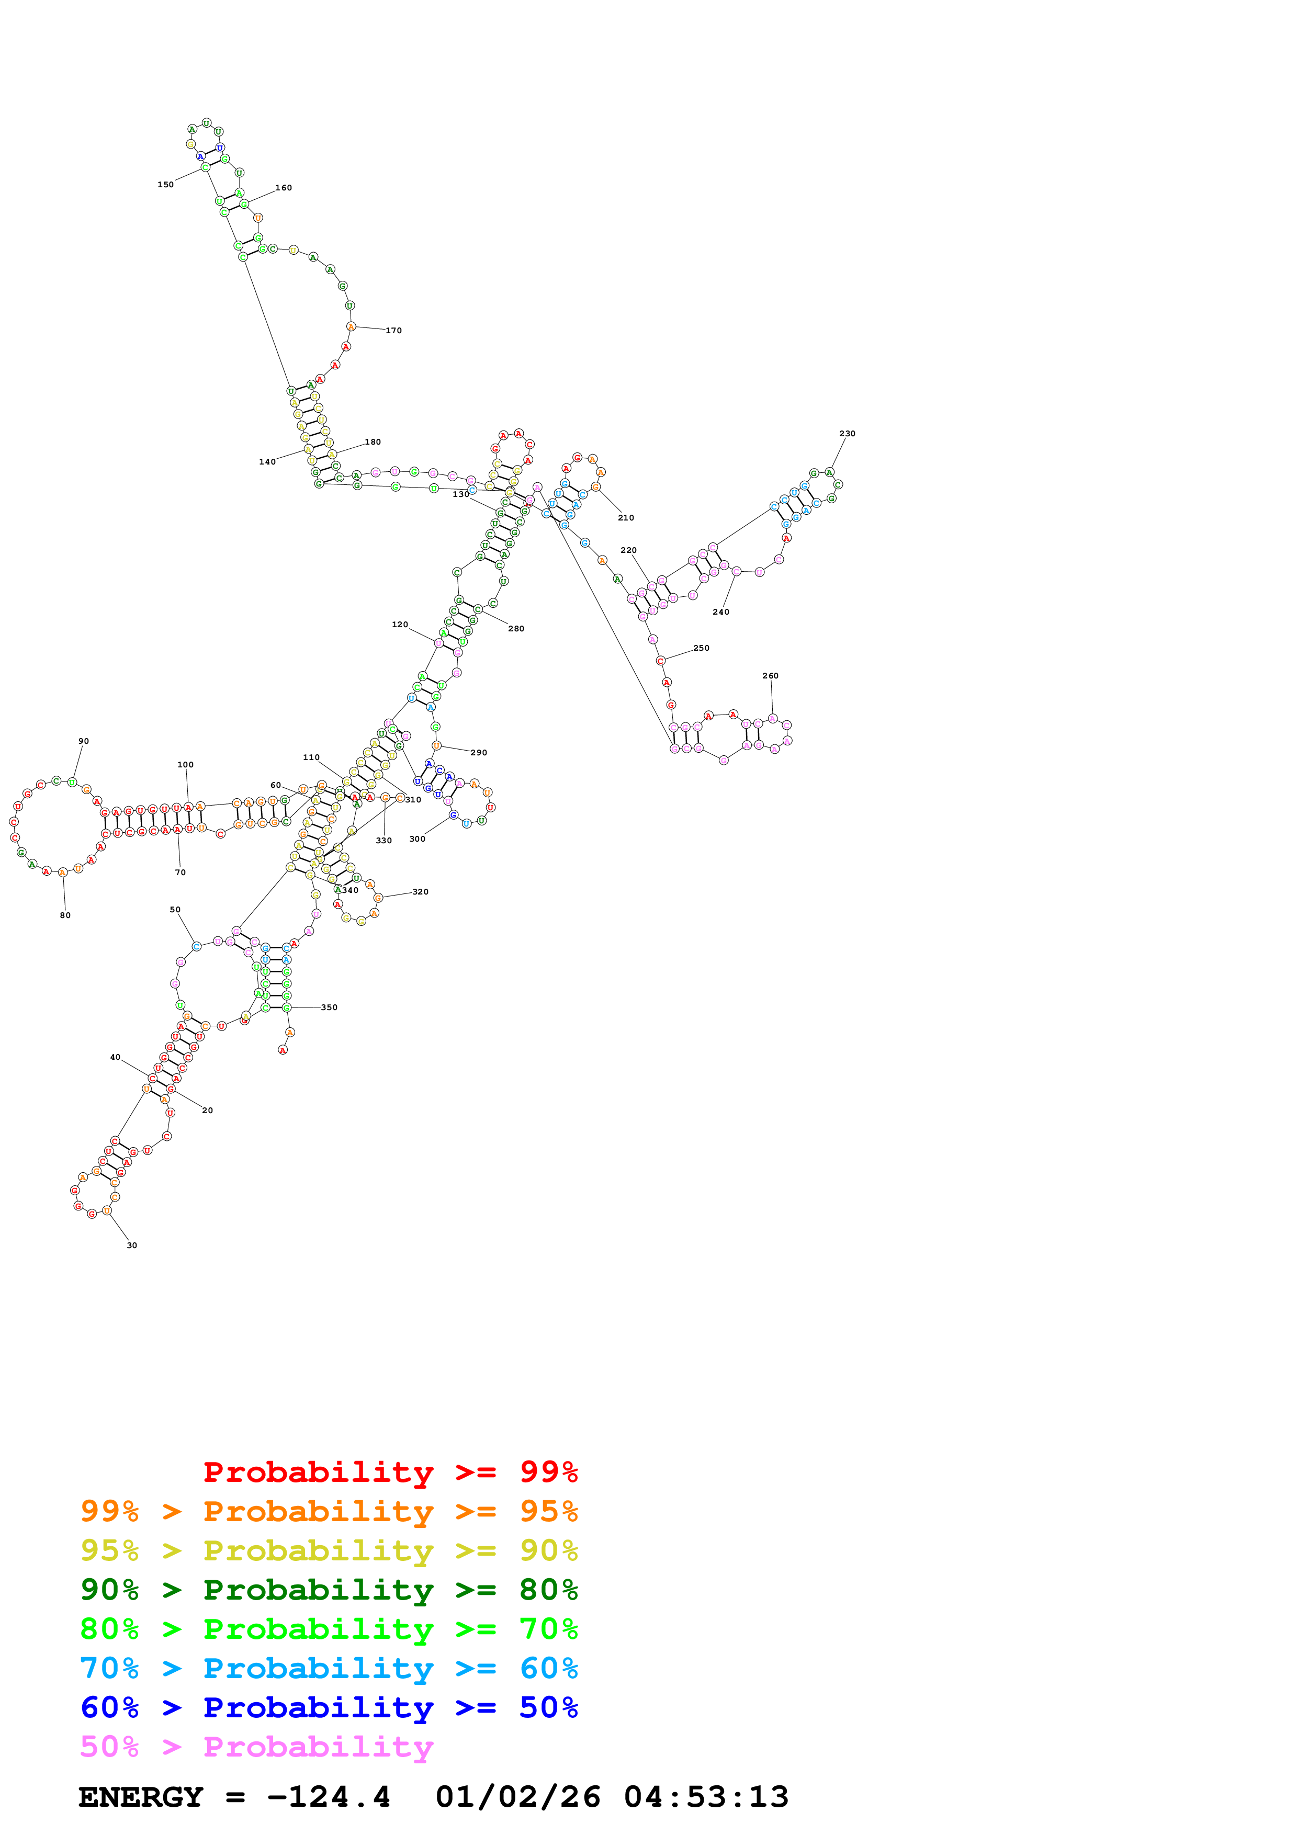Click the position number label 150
[165, 185]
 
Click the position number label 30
[132, 1245]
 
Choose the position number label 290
[479, 752]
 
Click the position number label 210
[626, 518]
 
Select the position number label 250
[701, 648]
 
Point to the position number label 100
[185, 765]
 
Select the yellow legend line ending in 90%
[329, 1550]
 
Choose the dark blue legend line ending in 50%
[329, 1707]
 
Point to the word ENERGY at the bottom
[141, 1797]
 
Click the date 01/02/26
[518, 1797]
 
